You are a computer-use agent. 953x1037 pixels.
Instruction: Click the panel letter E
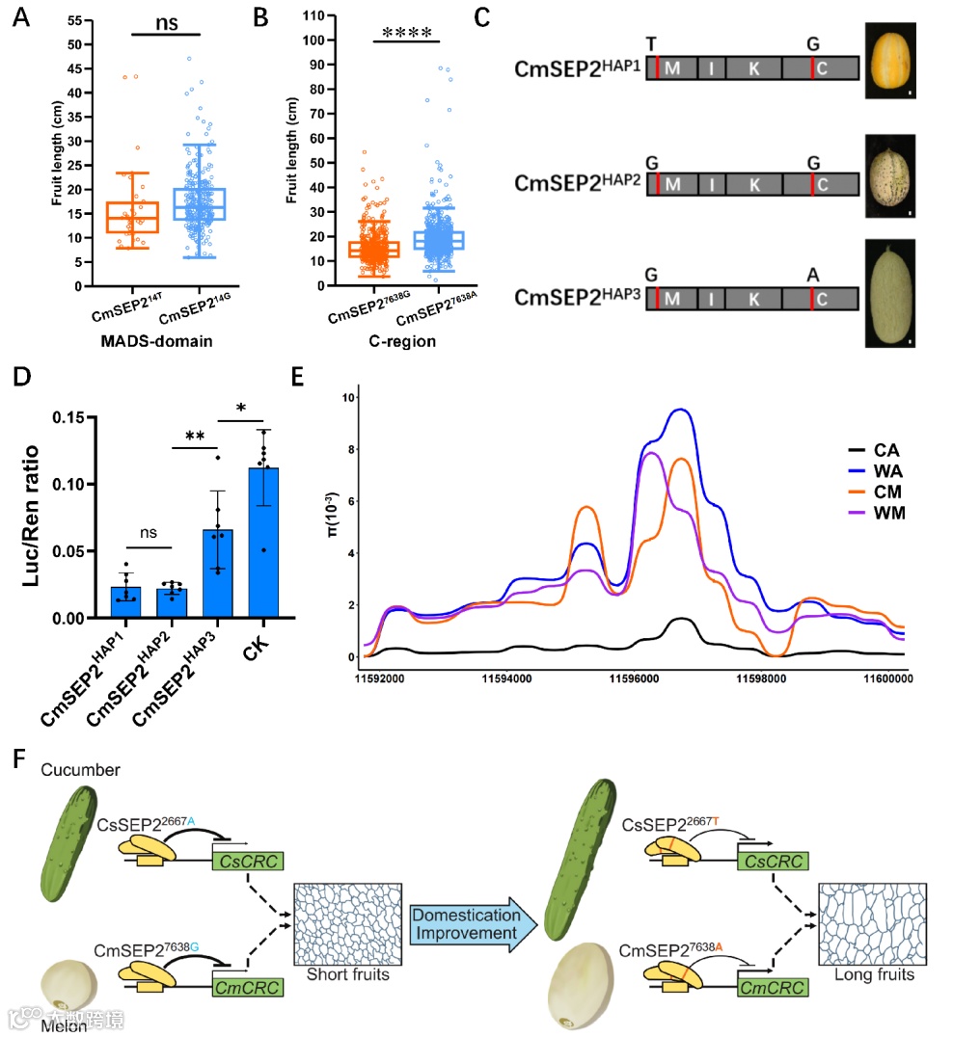[351, 373]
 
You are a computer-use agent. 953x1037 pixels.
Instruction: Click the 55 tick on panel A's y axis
[72, 20]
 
